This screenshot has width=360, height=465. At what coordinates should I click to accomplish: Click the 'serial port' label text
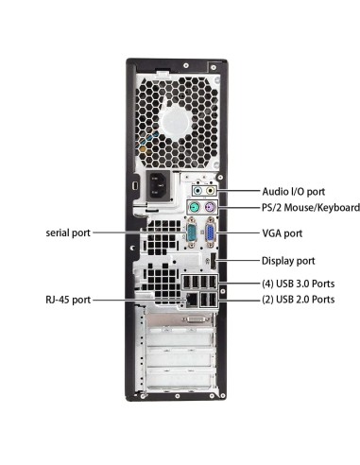68,232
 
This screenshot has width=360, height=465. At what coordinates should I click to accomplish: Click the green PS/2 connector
192,208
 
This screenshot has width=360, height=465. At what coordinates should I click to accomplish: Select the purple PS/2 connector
210,208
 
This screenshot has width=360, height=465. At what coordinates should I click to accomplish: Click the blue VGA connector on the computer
210,232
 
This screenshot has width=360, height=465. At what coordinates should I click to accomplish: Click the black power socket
155,186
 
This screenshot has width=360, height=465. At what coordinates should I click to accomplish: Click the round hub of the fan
176,122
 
